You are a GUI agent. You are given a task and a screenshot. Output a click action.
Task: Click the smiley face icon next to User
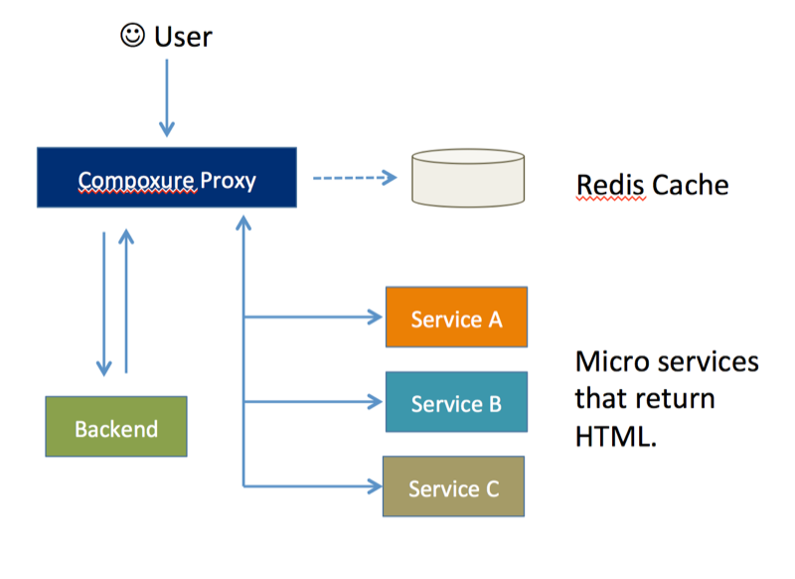(132, 36)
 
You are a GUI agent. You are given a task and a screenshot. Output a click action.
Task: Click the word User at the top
(183, 37)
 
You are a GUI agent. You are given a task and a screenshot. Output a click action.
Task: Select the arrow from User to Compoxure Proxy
(166, 96)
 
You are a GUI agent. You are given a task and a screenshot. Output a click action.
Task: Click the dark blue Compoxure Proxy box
(166, 178)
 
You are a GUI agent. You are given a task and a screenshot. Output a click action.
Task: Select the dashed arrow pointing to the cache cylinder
(354, 179)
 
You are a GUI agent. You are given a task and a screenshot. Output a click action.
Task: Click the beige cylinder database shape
(467, 179)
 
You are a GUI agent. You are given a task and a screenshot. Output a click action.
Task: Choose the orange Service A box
(456, 317)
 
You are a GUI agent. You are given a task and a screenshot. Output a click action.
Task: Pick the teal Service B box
(456, 403)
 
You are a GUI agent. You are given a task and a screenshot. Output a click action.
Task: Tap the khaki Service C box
(453, 487)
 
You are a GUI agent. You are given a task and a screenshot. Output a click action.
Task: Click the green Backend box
(116, 428)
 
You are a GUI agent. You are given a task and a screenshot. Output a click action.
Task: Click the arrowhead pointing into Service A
(376, 318)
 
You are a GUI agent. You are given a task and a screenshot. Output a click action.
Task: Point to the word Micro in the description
(609, 361)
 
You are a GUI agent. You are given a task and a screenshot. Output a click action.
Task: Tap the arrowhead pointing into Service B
(376, 403)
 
